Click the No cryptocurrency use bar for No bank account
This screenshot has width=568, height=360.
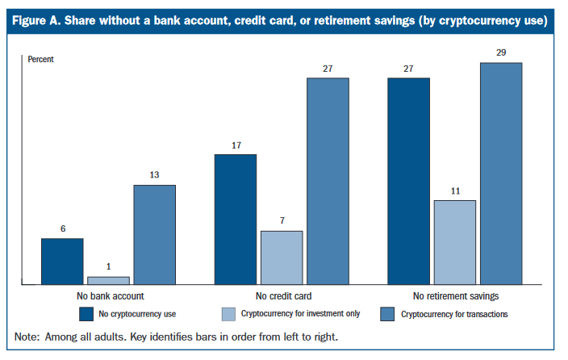(62, 262)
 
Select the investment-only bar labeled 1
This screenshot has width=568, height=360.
(109, 281)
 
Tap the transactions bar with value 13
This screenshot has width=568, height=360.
(155, 235)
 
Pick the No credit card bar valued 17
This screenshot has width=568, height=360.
(236, 220)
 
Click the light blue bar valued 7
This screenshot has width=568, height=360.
(282, 257)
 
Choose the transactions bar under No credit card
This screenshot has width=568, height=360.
(328, 182)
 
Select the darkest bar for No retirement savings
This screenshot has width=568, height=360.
(408, 182)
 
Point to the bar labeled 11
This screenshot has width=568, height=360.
(455, 242)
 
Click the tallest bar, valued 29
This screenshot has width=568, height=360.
(501, 174)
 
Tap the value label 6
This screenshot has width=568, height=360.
(63, 228)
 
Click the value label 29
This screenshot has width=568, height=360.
(501, 52)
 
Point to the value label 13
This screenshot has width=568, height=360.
(154, 174)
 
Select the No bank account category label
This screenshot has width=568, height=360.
(111, 296)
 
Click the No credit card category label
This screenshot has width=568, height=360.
(284, 296)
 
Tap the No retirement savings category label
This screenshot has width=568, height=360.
(456, 296)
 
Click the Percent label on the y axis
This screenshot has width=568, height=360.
(40, 59)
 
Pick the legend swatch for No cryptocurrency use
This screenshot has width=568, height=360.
(86, 314)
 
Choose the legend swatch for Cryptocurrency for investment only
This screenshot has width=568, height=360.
(228, 314)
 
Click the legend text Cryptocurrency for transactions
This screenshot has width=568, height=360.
(454, 314)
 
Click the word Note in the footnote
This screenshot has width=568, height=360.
(27, 337)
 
